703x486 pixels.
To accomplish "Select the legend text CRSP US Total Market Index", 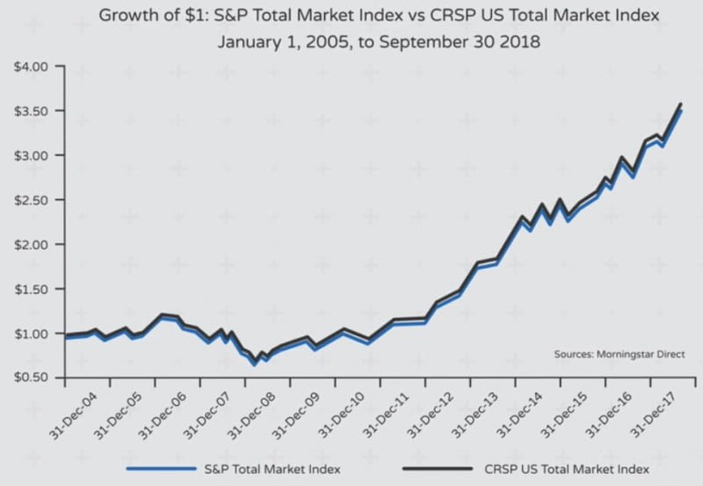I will (563, 468).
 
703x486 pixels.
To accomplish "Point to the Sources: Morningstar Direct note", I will (619, 354).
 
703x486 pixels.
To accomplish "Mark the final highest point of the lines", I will (681, 105).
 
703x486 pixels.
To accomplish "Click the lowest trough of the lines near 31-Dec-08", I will (254, 361).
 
